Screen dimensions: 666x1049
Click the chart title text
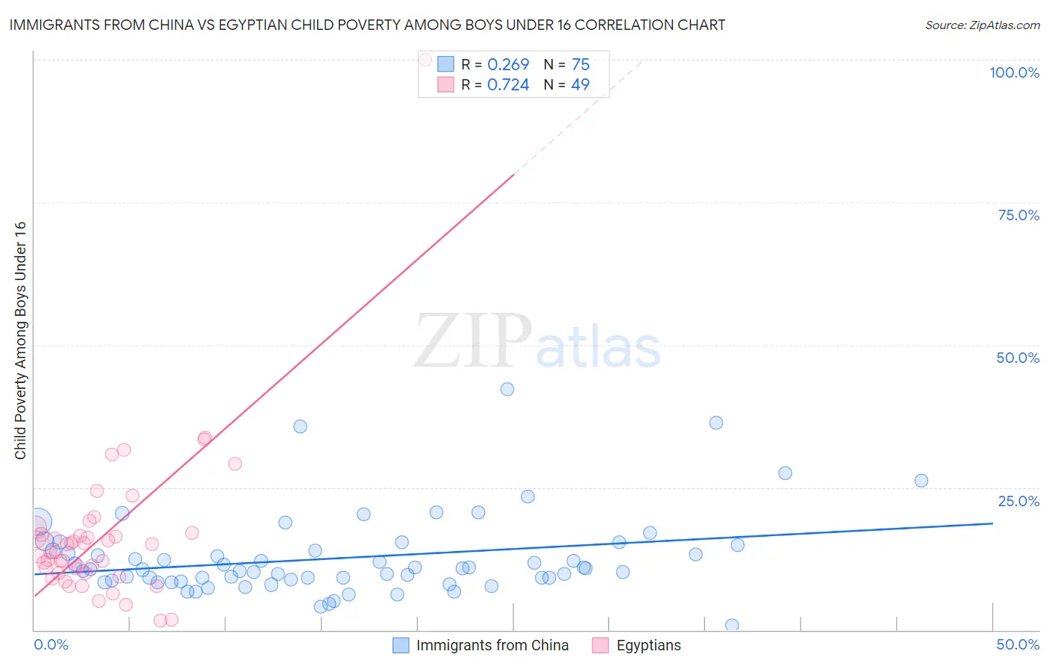tap(367, 25)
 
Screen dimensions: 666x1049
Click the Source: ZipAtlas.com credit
tap(982, 25)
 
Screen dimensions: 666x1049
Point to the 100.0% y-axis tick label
tap(1014, 72)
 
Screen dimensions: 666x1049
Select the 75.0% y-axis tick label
tap(1018, 215)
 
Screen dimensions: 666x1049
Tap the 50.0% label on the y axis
tap(1018, 358)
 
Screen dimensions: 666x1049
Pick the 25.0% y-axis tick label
tap(1018, 500)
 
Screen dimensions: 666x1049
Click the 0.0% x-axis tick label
tap(51, 644)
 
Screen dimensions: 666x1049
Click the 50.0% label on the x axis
tap(1018, 644)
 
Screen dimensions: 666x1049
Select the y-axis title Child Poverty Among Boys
tap(21, 340)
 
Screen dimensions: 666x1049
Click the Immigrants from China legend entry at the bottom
tap(492, 645)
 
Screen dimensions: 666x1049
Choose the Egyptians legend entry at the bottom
tap(648, 645)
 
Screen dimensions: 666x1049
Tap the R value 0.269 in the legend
tap(508, 65)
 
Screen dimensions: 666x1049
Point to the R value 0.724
tap(508, 85)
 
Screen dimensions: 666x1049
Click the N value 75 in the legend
tap(580, 65)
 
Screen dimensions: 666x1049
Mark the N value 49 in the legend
tap(580, 85)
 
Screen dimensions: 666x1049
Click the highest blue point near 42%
tap(507, 389)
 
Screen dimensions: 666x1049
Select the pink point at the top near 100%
tap(425, 59)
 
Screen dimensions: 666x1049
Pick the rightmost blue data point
tap(921, 481)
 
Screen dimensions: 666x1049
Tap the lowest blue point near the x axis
tap(732, 625)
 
